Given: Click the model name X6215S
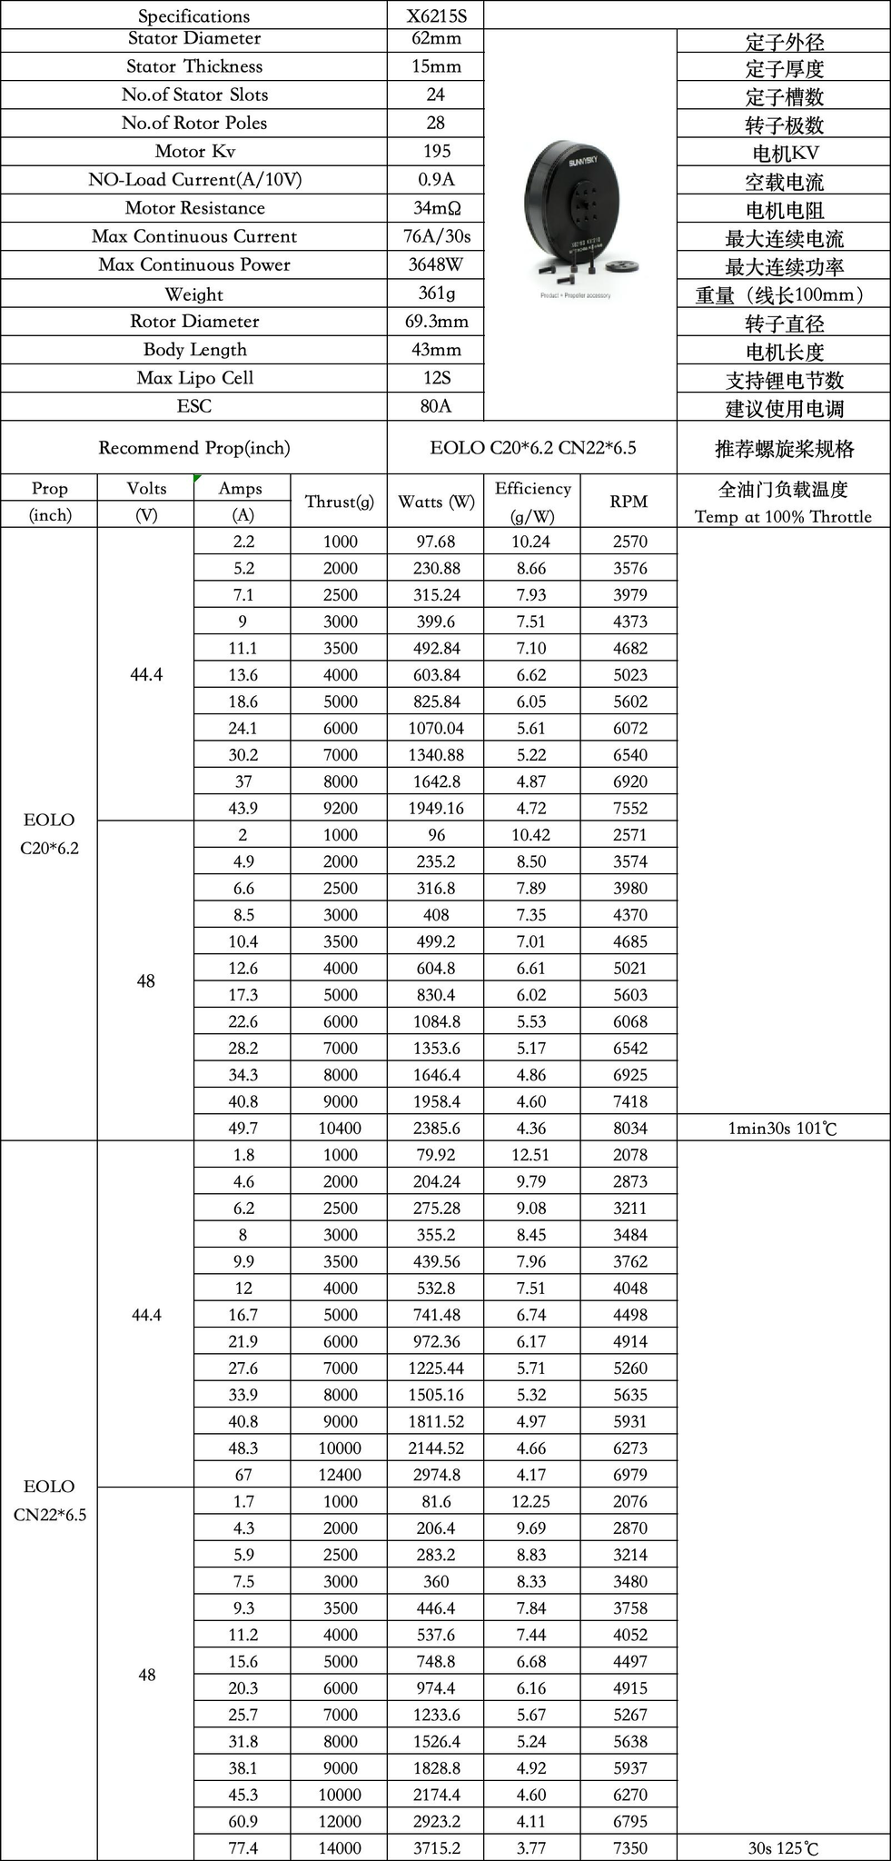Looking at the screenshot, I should pos(436,15).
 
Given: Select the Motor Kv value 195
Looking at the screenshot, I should pos(436,151).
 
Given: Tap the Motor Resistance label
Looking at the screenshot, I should pos(194,208).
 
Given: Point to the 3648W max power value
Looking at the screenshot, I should pos(436,264).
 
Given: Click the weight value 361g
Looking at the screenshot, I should pos(436,293).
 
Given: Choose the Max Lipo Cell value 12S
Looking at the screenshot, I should pos(436,378).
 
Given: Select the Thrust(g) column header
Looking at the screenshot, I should pos(339,502).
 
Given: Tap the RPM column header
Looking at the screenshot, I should pos(629,502).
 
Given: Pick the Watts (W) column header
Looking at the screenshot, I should pos(436,502).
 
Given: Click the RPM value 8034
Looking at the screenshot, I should pos(629,1128).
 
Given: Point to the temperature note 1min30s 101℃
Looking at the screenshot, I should pos(782,1129).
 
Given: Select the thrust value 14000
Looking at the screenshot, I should pos(340,1848).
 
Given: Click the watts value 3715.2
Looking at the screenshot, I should pos(436,1848).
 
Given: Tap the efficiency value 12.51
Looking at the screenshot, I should pos(531,1155).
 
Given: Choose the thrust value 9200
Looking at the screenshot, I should pos(340,808).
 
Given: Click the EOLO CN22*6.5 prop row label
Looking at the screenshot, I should pos(50,1500).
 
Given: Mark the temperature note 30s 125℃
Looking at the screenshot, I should pos(782,1848).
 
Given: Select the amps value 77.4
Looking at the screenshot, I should pos(243,1848).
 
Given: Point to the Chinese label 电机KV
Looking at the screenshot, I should pos(783,154).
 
